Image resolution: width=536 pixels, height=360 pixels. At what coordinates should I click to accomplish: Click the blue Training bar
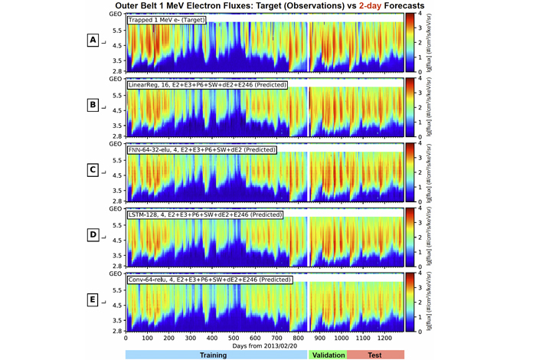coord(216,354)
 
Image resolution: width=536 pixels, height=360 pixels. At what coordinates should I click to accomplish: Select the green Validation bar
coord(327,354)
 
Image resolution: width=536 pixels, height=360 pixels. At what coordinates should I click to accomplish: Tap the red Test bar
coord(376,354)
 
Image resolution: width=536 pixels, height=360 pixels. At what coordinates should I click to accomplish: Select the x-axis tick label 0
coord(126,339)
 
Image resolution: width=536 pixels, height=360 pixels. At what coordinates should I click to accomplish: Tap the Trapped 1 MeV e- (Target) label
coord(166,19)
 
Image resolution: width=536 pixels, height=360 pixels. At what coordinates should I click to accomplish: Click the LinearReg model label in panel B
coord(207,83)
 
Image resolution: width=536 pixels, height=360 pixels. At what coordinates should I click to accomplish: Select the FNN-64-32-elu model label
coord(197,149)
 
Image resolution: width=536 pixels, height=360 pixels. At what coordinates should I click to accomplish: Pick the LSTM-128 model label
coord(204,214)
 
